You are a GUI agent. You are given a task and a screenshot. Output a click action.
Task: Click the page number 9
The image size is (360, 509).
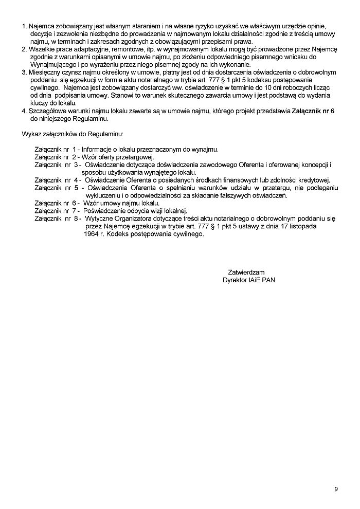tap(336, 488)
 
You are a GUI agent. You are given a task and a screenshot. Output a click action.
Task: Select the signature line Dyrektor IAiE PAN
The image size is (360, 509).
tap(249, 280)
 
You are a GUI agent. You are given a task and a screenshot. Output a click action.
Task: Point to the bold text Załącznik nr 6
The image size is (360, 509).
tap(313, 111)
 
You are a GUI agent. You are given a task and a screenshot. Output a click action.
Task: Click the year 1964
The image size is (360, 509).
tap(91, 234)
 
